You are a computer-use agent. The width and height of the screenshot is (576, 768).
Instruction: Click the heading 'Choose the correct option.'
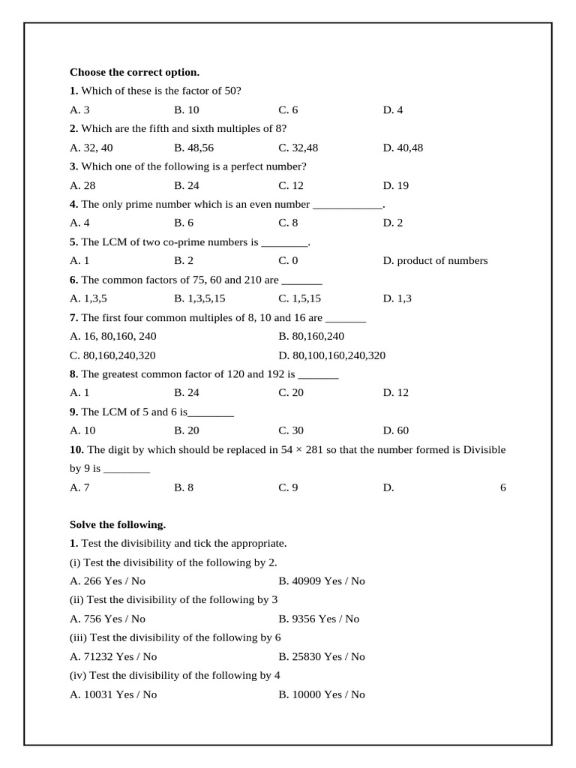[x=134, y=72]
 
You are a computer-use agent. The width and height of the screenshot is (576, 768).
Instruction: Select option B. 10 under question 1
[x=187, y=110]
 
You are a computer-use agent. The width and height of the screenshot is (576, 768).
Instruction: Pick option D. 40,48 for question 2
[x=403, y=148]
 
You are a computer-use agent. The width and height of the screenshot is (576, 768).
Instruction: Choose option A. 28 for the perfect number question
[x=82, y=185]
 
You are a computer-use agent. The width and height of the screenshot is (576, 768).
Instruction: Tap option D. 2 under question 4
[x=393, y=223]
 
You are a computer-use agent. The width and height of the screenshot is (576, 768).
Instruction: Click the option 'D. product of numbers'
[x=435, y=261]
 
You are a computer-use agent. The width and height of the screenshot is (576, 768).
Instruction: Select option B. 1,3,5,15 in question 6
[x=199, y=298]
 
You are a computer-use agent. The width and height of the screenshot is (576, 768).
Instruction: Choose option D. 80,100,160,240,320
[x=331, y=355]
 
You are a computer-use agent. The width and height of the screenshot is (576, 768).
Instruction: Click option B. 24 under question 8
[x=187, y=393]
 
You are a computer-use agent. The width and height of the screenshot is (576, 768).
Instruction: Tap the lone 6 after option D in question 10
[x=502, y=487]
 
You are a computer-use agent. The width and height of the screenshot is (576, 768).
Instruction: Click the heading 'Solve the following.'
[x=118, y=525]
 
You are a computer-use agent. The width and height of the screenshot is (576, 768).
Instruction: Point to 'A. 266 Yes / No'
[x=107, y=580]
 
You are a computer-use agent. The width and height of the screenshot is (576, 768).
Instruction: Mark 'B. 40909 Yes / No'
[x=322, y=580]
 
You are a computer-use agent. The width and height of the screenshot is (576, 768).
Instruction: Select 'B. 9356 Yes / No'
[x=319, y=619]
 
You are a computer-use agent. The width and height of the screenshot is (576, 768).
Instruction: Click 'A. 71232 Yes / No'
[x=112, y=656]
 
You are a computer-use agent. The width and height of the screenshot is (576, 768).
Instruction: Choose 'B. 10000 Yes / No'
[x=322, y=694]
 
